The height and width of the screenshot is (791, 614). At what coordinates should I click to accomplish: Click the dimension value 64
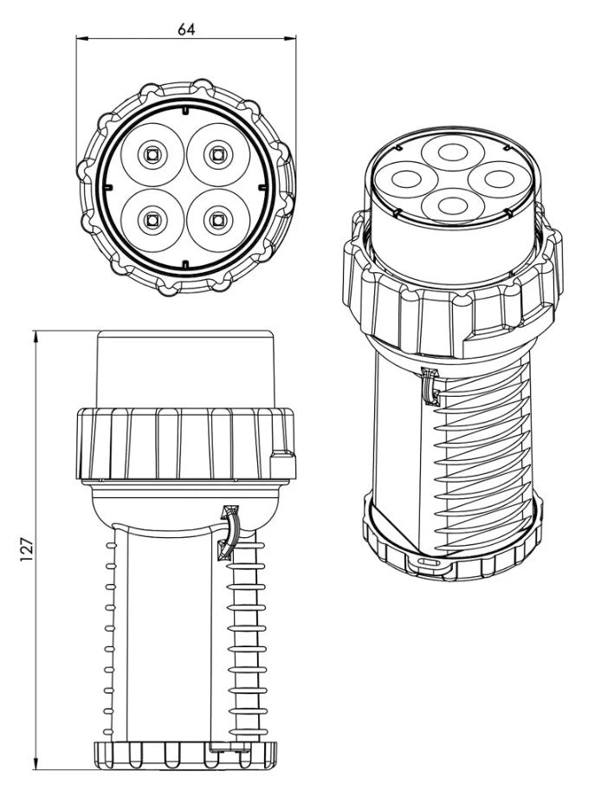point(186,29)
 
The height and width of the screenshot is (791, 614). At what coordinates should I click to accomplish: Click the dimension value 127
point(27,549)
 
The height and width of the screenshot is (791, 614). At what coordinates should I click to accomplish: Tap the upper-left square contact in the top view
point(152,154)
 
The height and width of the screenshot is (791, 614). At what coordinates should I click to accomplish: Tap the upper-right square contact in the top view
point(217,154)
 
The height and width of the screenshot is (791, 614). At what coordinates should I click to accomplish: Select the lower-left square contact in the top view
point(152,219)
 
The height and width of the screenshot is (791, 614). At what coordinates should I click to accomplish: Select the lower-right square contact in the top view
point(217,219)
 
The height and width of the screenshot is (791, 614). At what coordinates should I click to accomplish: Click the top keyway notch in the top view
point(185,111)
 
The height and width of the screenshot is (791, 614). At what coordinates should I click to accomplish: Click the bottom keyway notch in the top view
point(185,264)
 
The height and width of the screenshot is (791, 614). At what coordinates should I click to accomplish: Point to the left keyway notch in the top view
point(107,187)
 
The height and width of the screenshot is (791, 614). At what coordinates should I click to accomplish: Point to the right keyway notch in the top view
point(262,187)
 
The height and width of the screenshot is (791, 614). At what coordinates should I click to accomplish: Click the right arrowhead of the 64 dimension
point(290,38)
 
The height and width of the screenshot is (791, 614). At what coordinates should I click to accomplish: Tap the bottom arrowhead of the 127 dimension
point(36,763)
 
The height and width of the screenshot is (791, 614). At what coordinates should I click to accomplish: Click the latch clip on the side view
point(228,532)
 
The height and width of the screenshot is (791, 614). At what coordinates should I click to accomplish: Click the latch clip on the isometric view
point(431,386)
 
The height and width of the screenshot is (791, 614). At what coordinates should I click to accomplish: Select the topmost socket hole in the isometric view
point(453,152)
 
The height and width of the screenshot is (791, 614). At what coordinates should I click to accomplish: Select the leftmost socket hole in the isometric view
point(406,179)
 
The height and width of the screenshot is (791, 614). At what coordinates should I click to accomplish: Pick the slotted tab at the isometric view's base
point(429,563)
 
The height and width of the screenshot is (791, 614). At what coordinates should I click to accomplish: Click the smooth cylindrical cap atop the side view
point(185,369)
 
